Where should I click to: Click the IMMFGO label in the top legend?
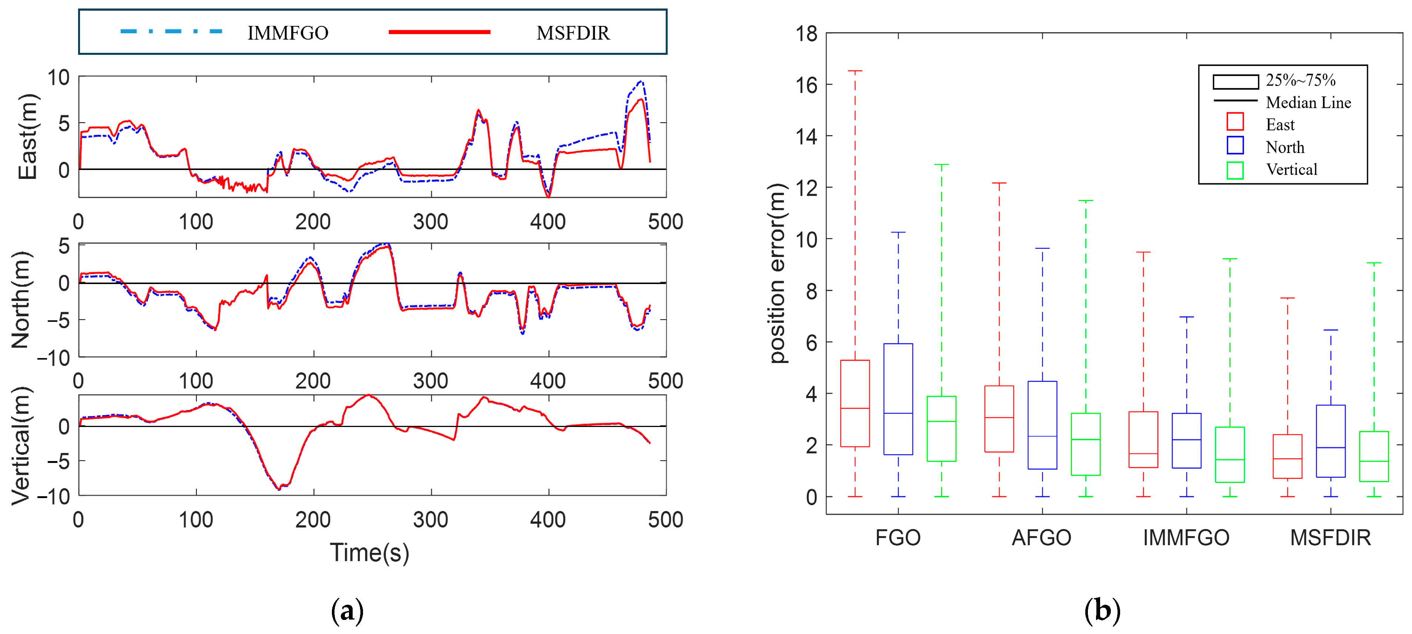288,33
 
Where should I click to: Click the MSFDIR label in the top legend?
573,33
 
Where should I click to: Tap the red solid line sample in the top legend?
439,32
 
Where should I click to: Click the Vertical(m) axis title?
21,446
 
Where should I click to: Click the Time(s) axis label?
369,553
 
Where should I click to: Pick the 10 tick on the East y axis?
58,77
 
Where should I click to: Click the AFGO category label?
1042,538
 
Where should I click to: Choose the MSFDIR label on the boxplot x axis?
1331,538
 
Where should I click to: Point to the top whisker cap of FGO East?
855,71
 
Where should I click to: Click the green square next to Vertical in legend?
1235,170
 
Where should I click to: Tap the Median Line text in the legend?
1308,103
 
